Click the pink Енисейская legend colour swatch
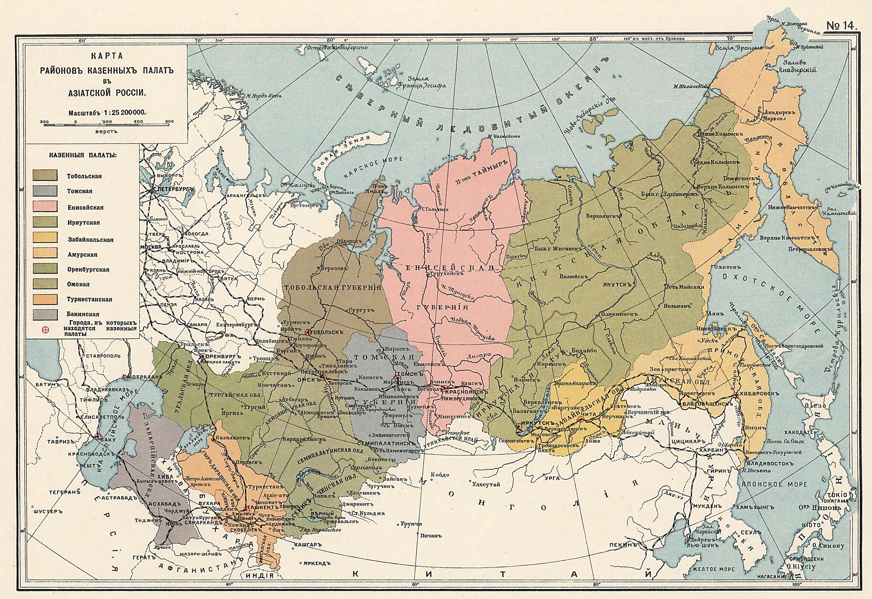(45, 206)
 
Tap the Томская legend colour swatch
(45, 191)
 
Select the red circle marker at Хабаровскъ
(735, 396)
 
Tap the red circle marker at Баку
(98, 436)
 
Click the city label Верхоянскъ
(602, 216)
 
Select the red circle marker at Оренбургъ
(203, 356)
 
